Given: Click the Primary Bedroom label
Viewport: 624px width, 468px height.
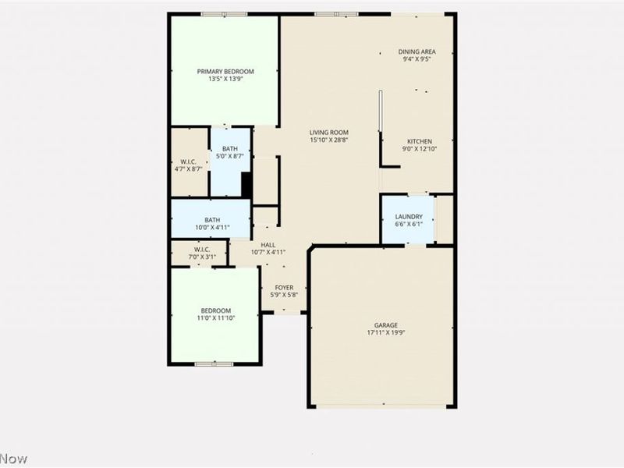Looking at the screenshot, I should [225, 71].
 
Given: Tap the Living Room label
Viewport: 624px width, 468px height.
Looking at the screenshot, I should [328, 133].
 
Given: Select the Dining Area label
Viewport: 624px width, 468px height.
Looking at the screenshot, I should [417, 51].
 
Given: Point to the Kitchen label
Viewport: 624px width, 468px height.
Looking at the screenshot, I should [417, 142].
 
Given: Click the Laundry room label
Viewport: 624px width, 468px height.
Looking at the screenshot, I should [409, 217].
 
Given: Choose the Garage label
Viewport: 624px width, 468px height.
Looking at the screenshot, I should [385, 325].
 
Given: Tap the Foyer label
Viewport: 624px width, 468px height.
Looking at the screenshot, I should [284, 288].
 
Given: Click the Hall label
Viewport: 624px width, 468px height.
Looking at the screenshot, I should [268, 244].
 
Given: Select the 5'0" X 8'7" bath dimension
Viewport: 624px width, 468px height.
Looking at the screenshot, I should [230, 156].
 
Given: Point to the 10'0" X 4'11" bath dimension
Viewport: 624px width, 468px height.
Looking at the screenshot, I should [212, 228].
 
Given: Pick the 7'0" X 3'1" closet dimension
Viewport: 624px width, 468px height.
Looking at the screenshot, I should [198, 257].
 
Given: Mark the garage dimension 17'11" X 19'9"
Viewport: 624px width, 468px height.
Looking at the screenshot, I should [385, 333].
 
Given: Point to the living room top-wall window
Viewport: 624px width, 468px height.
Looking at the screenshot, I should [337, 14].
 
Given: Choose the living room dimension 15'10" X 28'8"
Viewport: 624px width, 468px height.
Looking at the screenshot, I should [328, 140].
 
